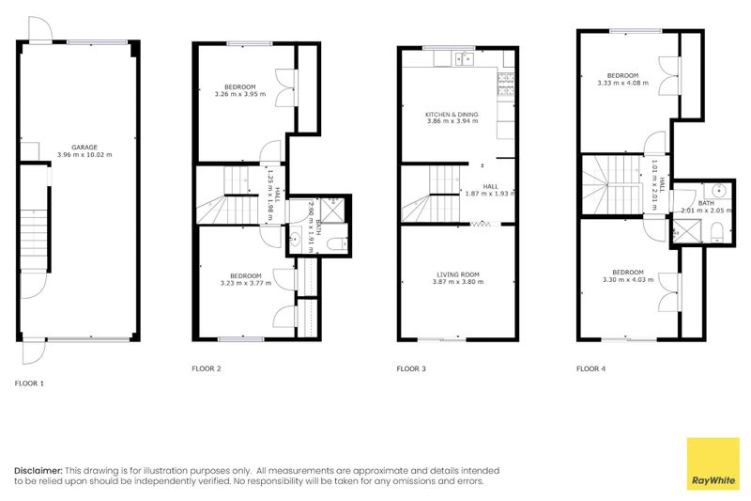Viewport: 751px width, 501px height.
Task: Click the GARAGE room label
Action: [84, 147]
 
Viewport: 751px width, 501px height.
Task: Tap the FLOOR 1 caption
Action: [29, 384]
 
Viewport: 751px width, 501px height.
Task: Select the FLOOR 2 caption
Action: [207, 368]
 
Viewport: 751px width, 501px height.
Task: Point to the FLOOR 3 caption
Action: [411, 368]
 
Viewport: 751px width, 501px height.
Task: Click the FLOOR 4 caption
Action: [590, 368]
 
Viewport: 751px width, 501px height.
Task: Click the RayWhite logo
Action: [713, 463]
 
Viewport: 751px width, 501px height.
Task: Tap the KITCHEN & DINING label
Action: [452, 115]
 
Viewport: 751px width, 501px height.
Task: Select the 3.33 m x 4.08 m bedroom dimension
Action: [622, 83]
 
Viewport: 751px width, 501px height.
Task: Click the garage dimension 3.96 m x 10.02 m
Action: [84, 154]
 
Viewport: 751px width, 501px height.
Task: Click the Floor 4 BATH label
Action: [706, 203]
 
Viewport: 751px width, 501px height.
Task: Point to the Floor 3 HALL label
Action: [491, 186]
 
